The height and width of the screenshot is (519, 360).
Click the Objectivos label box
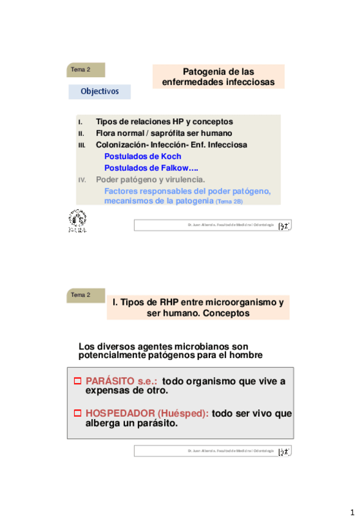99,92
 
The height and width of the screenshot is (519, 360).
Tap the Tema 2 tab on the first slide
86,70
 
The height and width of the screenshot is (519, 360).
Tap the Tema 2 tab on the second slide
86,295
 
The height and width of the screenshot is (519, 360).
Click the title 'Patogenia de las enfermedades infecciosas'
218,77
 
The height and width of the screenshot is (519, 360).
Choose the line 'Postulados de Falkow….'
151,168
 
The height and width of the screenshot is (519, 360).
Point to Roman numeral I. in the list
80,122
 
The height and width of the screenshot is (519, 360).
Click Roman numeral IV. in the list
82,180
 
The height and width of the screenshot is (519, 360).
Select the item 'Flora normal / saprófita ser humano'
163,133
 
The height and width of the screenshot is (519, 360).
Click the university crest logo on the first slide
77,220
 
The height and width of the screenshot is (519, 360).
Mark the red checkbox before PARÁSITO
78,381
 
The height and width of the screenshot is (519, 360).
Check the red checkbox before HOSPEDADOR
78,413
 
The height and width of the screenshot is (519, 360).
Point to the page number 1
352,512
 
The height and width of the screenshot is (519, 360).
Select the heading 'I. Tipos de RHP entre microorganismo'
198,302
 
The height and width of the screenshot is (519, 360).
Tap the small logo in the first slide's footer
284,226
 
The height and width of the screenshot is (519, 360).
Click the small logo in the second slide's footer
284,451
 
